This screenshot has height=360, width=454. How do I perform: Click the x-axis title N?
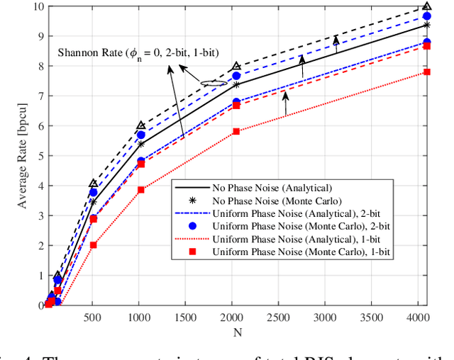point(236,332)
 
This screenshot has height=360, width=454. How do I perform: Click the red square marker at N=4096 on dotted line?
point(426,72)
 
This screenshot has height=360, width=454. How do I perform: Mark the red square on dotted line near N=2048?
point(236,132)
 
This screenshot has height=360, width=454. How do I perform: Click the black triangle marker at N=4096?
point(426,6)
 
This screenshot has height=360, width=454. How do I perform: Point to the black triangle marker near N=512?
point(94,184)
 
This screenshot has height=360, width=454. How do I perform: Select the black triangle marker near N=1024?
point(141,125)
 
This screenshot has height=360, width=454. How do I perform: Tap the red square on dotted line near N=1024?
point(141,190)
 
